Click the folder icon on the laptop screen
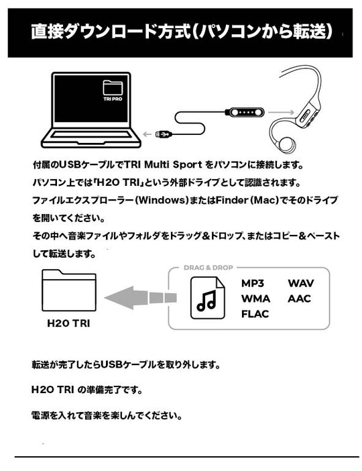[113, 88]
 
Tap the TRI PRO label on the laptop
[113, 99]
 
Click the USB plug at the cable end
[164, 134]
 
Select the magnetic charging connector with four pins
[245, 112]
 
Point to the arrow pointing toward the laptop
[147, 134]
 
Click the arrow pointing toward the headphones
[282, 112]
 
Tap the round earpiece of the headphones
[286, 144]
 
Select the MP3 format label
[253, 283]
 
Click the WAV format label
[301, 283]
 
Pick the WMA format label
[255, 299]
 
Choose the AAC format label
[299, 299]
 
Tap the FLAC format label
[255, 314]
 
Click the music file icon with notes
[208, 298]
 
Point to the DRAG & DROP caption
[208, 267]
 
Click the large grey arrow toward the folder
[141, 298]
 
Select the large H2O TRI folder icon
[69, 290]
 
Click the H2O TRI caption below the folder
[69, 323]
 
